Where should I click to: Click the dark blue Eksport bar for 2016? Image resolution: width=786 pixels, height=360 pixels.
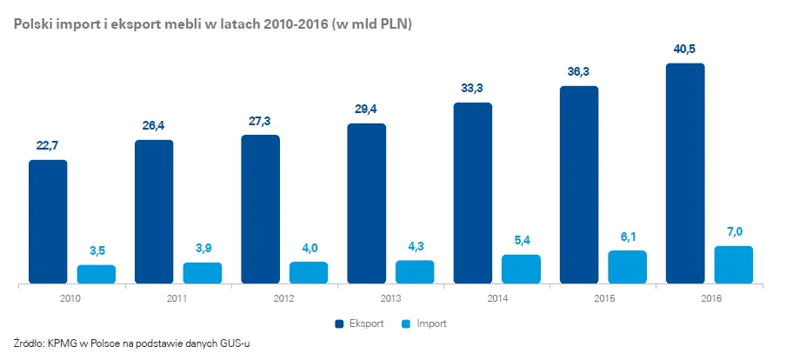[x=685, y=173]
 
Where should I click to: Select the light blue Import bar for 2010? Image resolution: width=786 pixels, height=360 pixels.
[x=96, y=274]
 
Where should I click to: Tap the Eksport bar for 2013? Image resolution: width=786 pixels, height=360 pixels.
[x=366, y=203]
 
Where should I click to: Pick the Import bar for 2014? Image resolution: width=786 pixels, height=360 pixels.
[x=521, y=269]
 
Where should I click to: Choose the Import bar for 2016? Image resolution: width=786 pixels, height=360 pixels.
[x=733, y=264]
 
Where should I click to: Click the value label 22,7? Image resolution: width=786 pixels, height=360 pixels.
[x=48, y=146]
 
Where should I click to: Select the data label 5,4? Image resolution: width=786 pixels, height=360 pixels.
[x=521, y=240]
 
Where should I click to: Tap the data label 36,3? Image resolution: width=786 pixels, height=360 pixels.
[x=579, y=72]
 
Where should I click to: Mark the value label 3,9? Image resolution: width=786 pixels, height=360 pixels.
[x=202, y=249]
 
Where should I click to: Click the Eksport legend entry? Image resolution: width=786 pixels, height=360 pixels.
[x=359, y=323]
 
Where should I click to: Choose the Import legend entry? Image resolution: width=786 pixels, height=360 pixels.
[x=427, y=323]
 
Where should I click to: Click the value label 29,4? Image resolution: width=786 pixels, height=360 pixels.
[x=366, y=110]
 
